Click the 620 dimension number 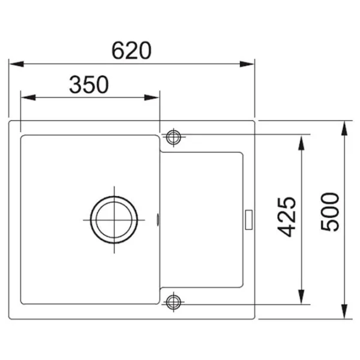pos(131,50)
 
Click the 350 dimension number pos(89,85)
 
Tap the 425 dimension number pos(286,217)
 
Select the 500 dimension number pos(329,212)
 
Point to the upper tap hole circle pos(173,137)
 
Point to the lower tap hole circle pos(173,302)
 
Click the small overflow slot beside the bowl pos(158,220)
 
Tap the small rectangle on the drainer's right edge pos(249,220)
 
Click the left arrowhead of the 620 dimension pos(17,64)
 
